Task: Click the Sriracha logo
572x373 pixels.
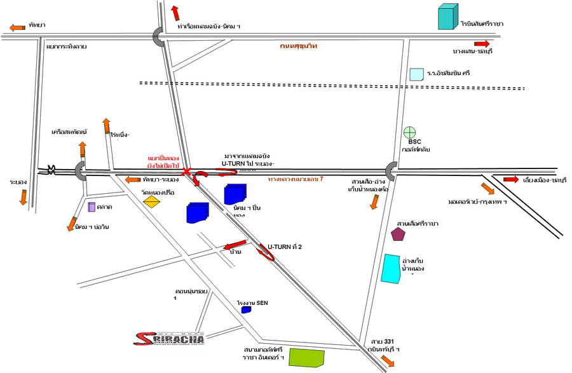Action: [170, 339]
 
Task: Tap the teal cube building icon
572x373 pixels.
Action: [447, 17]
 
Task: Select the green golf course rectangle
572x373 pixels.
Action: [306, 357]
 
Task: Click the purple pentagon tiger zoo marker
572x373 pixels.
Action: [398, 234]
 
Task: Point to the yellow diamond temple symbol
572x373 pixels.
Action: [151, 202]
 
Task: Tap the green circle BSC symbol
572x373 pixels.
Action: [410, 133]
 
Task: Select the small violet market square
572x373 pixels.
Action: [92, 207]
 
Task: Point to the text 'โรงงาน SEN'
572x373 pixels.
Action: [253, 303]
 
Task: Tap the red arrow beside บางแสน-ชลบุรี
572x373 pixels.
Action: [481, 44]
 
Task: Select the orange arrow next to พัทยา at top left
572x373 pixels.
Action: [17, 27]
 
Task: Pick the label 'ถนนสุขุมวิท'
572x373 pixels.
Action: [299, 46]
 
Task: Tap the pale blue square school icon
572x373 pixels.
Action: [416, 74]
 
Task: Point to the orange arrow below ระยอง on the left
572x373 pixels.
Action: [23, 197]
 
